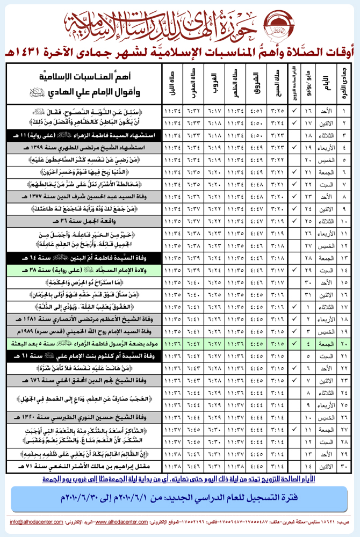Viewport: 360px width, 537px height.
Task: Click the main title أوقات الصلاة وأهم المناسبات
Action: coord(180,53)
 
